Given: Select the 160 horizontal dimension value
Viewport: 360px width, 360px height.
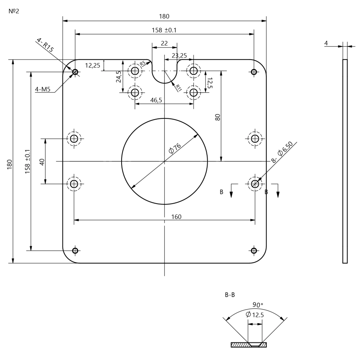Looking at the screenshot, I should click(x=176, y=216).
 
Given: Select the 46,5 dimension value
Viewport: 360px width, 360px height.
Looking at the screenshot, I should click(x=156, y=100).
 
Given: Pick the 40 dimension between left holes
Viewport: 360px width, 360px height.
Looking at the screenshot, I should click(x=42, y=161).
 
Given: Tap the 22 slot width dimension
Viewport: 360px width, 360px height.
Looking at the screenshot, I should click(x=164, y=43).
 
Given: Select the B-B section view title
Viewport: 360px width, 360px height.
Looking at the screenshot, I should click(x=230, y=295).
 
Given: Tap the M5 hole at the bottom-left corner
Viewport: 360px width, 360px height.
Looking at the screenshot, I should click(x=75, y=250).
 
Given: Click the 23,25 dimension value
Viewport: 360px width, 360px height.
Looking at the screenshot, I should click(x=179, y=56).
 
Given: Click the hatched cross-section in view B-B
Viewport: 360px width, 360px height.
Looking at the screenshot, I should click(x=239, y=345).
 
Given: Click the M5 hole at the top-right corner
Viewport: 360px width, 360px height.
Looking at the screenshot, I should click(x=253, y=72).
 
